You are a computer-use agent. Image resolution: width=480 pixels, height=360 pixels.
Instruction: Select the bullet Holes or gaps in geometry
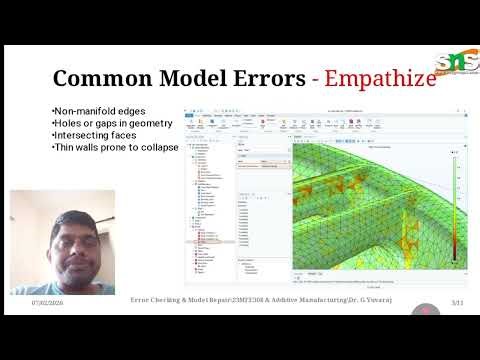click(x=111, y=122)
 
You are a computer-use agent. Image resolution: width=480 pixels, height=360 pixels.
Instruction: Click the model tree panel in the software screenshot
click(x=208, y=200)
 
